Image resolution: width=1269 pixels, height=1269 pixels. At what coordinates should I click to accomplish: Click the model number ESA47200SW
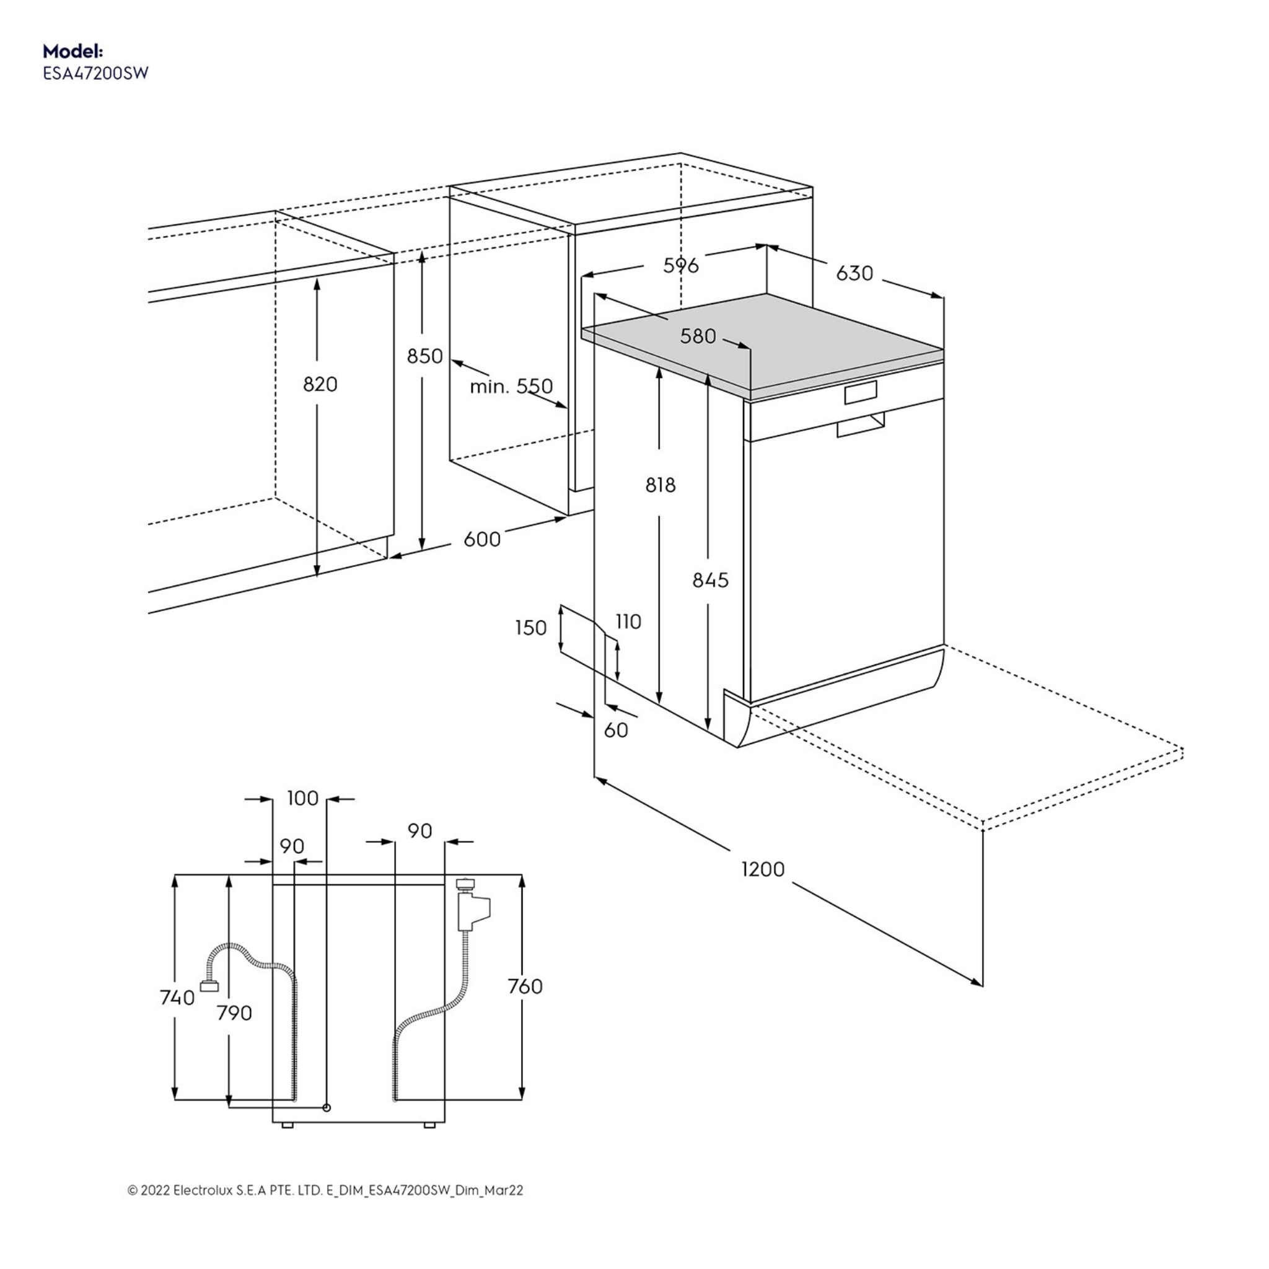(x=96, y=73)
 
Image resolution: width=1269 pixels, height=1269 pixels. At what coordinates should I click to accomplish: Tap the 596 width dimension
(x=680, y=265)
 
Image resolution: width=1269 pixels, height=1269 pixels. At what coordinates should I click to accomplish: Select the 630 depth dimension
(x=854, y=273)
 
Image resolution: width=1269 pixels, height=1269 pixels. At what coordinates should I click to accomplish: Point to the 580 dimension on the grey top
(x=698, y=336)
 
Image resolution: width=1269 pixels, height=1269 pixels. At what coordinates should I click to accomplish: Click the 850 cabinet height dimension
(x=424, y=356)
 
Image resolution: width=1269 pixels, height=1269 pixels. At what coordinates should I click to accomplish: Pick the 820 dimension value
(x=320, y=384)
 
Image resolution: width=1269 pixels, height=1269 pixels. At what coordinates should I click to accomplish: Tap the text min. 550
(x=511, y=386)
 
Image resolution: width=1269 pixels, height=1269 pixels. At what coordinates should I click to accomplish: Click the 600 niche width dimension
(x=482, y=539)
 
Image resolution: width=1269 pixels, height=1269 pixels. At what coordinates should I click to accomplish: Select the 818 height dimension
(x=660, y=485)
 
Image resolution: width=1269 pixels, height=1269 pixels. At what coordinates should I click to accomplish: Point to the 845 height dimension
(x=710, y=580)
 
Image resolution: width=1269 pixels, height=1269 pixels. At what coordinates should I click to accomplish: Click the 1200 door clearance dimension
(x=763, y=869)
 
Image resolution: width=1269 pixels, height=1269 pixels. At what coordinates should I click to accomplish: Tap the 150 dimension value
(x=531, y=628)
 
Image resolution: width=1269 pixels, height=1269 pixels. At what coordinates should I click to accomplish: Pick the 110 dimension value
(x=628, y=621)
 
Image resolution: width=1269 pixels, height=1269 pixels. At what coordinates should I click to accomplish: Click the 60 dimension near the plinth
(x=615, y=730)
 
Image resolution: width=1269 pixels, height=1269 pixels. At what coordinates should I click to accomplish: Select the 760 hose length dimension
(x=525, y=986)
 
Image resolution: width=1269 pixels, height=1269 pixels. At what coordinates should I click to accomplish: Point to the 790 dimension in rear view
(x=234, y=1013)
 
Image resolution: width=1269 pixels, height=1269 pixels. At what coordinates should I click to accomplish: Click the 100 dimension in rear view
(x=303, y=798)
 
